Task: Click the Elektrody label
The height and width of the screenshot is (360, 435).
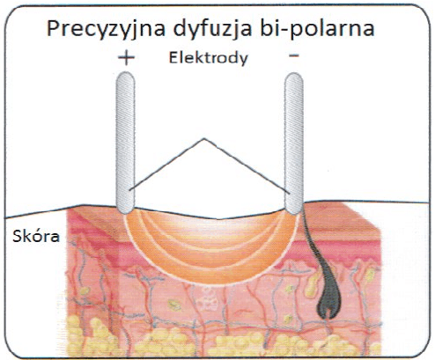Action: point(209,57)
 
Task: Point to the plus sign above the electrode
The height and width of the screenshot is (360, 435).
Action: point(126,57)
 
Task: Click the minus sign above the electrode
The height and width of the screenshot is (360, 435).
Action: point(294,55)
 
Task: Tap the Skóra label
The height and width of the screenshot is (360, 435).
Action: point(36,236)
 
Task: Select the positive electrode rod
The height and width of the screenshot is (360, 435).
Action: point(125,143)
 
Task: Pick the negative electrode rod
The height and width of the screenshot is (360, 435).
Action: point(294,143)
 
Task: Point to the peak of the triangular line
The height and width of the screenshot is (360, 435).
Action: point(204,138)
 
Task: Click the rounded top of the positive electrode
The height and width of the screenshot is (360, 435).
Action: point(125,76)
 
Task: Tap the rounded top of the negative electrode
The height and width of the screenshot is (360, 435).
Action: point(294,77)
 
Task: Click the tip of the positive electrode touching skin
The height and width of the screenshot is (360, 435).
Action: point(125,210)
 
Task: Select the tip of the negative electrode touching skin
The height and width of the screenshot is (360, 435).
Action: point(294,211)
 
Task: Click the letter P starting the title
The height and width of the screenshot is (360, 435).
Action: point(54,28)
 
